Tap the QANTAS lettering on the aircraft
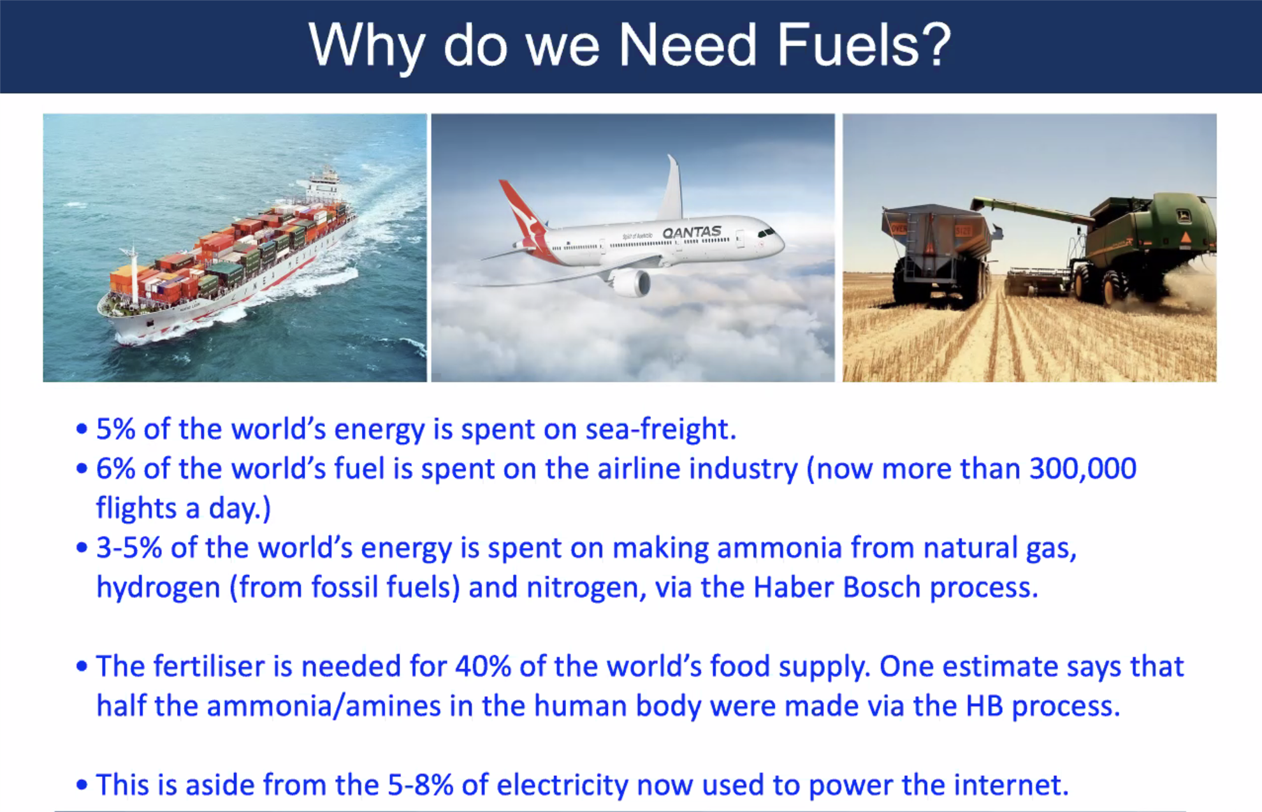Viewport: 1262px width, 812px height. click(x=692, y=232)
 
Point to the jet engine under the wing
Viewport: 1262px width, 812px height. click(x=631, y=283)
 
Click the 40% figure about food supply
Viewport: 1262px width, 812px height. click(x=482, y=667)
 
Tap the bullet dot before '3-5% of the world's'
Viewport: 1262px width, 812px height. click(x=82, y=548)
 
